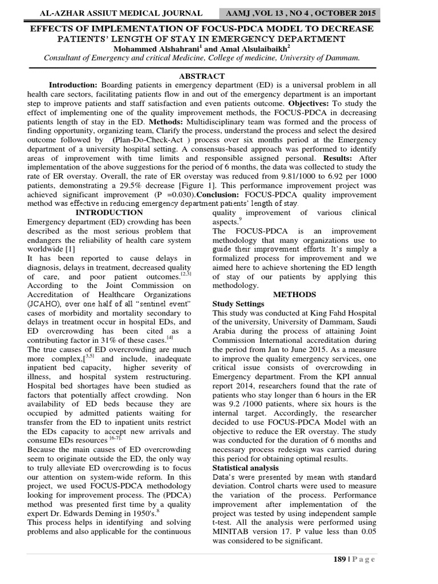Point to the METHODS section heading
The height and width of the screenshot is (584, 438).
(294, 294)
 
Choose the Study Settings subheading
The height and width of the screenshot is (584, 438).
(238, 304)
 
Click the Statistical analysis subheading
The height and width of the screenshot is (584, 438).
(245, 467)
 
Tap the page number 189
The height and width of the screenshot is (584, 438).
(340, 559)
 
